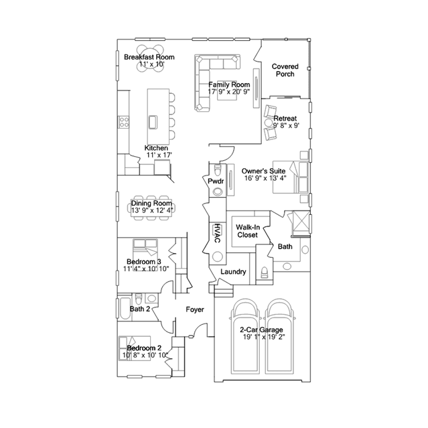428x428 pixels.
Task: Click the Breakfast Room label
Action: [x=149, y=58]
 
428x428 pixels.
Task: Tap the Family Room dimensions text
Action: [x=228, y=92]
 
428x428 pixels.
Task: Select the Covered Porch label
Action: [x=285, y=70]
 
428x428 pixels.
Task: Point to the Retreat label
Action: [x=285, y=119]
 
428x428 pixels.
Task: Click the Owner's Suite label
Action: [x=265, y=171]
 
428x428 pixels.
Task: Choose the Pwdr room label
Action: [x=215, y=182]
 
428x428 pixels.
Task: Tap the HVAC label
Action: [x=217, y=232]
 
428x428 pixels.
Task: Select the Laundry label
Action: [x=233, y=272]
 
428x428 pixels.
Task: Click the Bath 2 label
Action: [x=139, y=309]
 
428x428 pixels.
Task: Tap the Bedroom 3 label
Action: [x=143, y=261]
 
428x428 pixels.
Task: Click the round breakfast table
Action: [x=151, y=53]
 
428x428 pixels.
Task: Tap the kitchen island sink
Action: [x=153, y=121]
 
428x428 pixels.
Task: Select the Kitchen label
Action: [x=156, y=148]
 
